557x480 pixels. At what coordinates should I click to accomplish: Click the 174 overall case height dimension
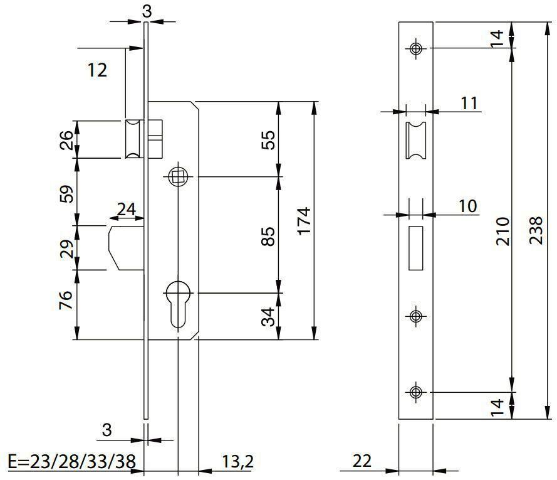(x=304, y=221)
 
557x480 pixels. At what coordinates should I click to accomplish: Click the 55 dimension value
(x=268, y=139)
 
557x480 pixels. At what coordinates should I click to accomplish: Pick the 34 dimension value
(x=268, y=316)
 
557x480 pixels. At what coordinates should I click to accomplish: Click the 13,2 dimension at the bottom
(x=237, y=462)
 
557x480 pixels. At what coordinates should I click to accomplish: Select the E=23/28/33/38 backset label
(x=71, y=462)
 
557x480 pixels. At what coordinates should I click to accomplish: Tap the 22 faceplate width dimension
(x=362, y=461)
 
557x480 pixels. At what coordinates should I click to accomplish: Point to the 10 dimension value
(x=467, y=206)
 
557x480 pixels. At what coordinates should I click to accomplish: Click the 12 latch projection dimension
(x=97, y=70)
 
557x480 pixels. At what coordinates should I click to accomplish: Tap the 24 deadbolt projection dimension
(x=127, y=209)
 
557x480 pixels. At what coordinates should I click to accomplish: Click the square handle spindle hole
(x=177, y=178)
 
